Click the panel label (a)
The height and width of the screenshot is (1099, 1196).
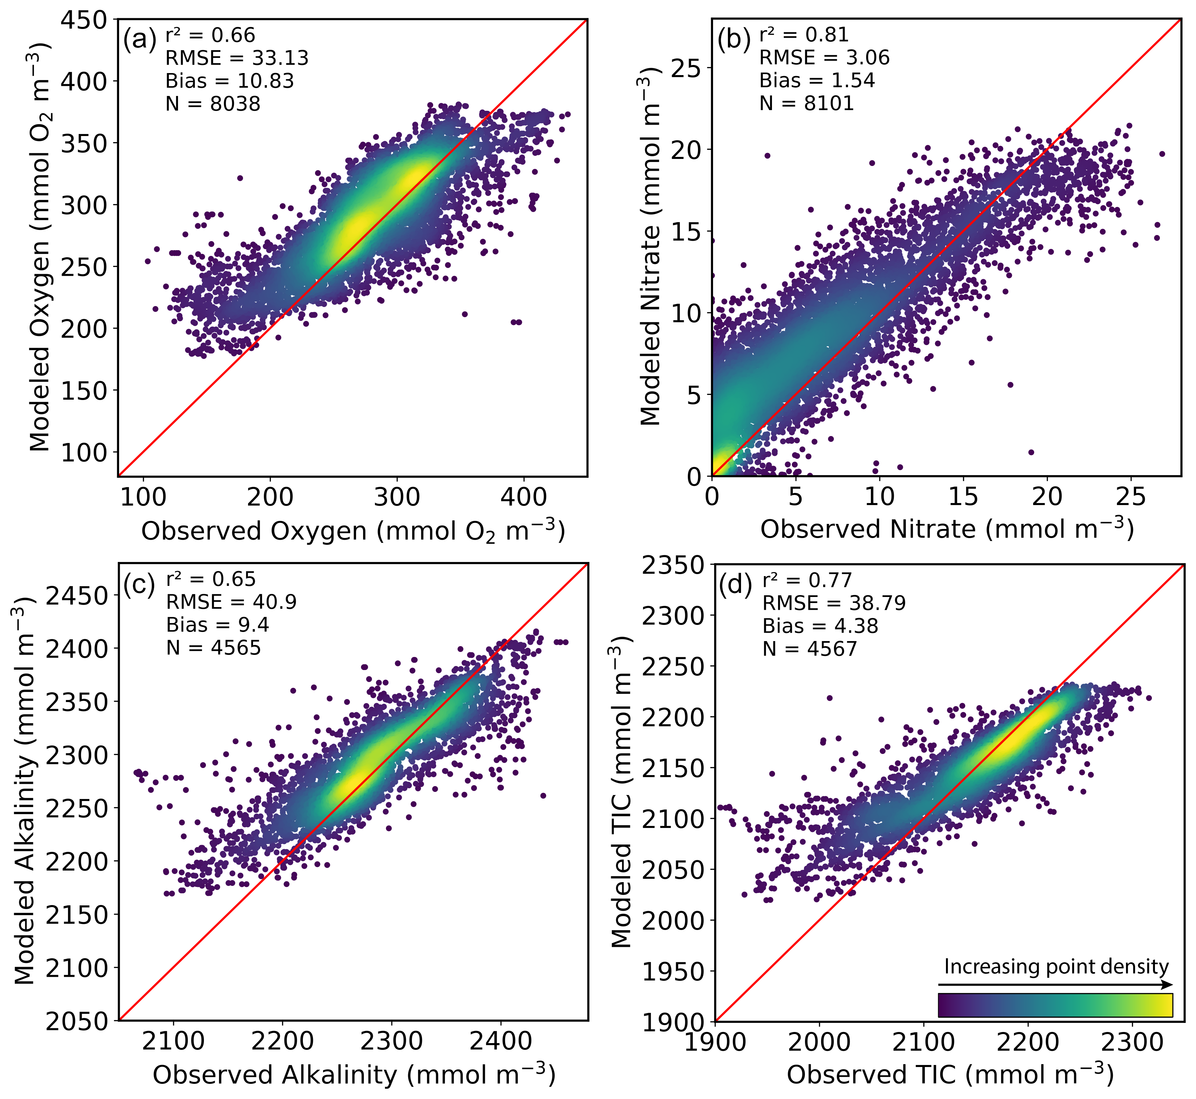tap(139, 40)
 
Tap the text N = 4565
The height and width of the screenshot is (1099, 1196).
tap(213, 647)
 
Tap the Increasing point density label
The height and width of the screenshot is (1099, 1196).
tap(1056, 966)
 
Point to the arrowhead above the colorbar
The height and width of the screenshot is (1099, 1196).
tap(1169, 985)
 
